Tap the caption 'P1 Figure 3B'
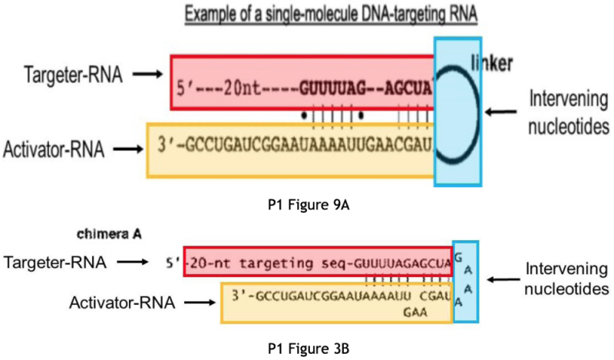(x=306, y=348)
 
